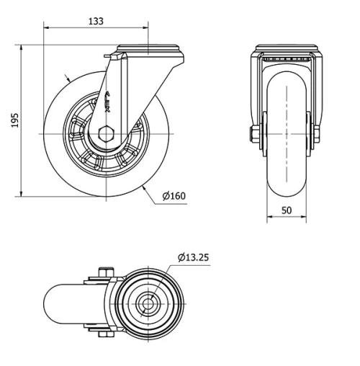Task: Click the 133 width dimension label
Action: tap(96, 21)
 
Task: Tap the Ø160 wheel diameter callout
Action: tap(175, 196)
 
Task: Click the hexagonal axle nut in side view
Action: tap(106, 133)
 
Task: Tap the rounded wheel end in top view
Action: tap(54, 303)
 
